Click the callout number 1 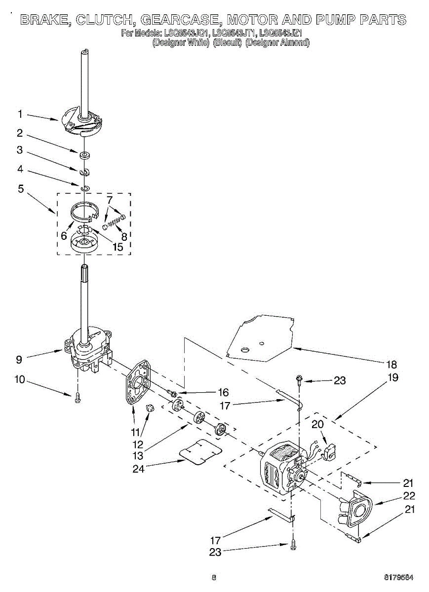[x=20, y=114]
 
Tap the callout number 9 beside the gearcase [x=19, y=360]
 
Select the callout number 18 [x=391, y=365]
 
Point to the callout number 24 [x=138, y=469]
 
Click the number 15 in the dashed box [x=117, y=247]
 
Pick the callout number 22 [x=409, y=496]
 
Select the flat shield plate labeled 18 [x=262, y=338]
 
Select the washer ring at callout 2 [x=85, y=155]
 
